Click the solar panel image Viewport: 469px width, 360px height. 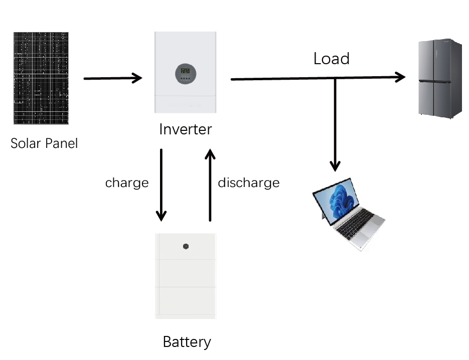[41, 78]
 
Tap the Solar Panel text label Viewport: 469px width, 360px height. [44, 144]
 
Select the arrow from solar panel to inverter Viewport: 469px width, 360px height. [113, 78]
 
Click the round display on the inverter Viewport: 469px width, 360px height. [186, 74]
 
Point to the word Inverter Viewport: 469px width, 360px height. [185, 129]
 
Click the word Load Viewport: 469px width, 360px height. [331, 59]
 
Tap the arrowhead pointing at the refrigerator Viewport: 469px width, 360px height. [400, 77]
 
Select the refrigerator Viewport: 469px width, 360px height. [440, 79]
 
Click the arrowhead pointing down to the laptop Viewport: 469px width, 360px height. [335, 166]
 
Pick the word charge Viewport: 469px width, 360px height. [127, 183]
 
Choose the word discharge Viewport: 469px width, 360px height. [248, 183]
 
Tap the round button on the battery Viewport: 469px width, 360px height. [186, 247]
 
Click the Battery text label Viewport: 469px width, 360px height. [187, 342]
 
